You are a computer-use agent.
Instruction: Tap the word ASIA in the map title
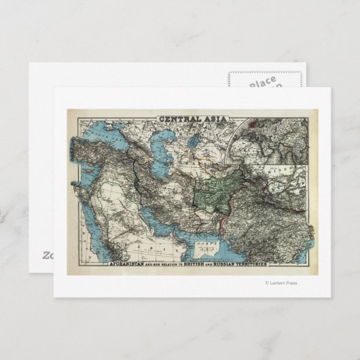click(212, 122)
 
